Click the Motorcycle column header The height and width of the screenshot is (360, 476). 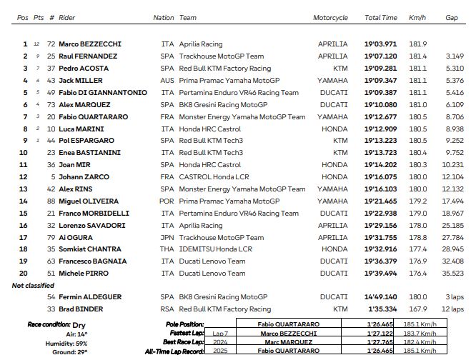pyautogui.click(x=330, y=17)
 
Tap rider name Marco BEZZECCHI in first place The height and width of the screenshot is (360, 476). pyautogui.click(x=90, y=44)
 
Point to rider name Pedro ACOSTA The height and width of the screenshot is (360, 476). pyautogui.click(x=82, y=69)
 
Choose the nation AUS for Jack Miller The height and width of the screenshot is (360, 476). pyautogui.click(x=167, y=81)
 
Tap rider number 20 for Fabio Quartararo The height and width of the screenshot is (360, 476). pyautogui.click(x=51, y=116)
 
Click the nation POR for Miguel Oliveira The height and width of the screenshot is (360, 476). pyautogui.click(x=167, y=201)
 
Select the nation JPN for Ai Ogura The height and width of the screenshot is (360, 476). pyautogui.click(x=167, y=238)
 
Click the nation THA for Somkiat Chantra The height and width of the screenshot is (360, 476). pyautogui.click(x=167, y=249)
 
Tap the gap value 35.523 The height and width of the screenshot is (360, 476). pyautogui.click(x=454, y=274)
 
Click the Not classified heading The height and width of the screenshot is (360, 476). pyautogui.click(x=32, y=286)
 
